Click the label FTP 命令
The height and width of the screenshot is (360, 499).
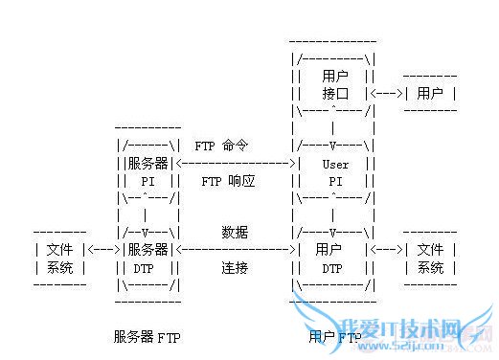(221, 146)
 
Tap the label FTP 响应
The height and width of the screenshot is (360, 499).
(228, 180)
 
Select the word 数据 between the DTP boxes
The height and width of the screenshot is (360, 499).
(235, 233)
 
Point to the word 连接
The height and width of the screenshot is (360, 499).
(235, 268)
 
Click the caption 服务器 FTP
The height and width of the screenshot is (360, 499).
(147, 337)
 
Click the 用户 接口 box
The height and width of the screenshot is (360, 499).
(334, 84)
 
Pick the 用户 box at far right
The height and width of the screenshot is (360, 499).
(430, 94)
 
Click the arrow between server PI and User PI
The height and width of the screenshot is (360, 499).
(239, 164)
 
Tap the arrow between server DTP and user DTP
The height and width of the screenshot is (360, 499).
(239, 250)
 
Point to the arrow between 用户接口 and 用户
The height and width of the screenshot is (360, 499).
(386, 94)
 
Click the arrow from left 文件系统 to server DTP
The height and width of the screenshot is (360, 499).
(102, 250)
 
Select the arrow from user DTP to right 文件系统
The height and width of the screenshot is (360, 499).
(386, 250)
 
